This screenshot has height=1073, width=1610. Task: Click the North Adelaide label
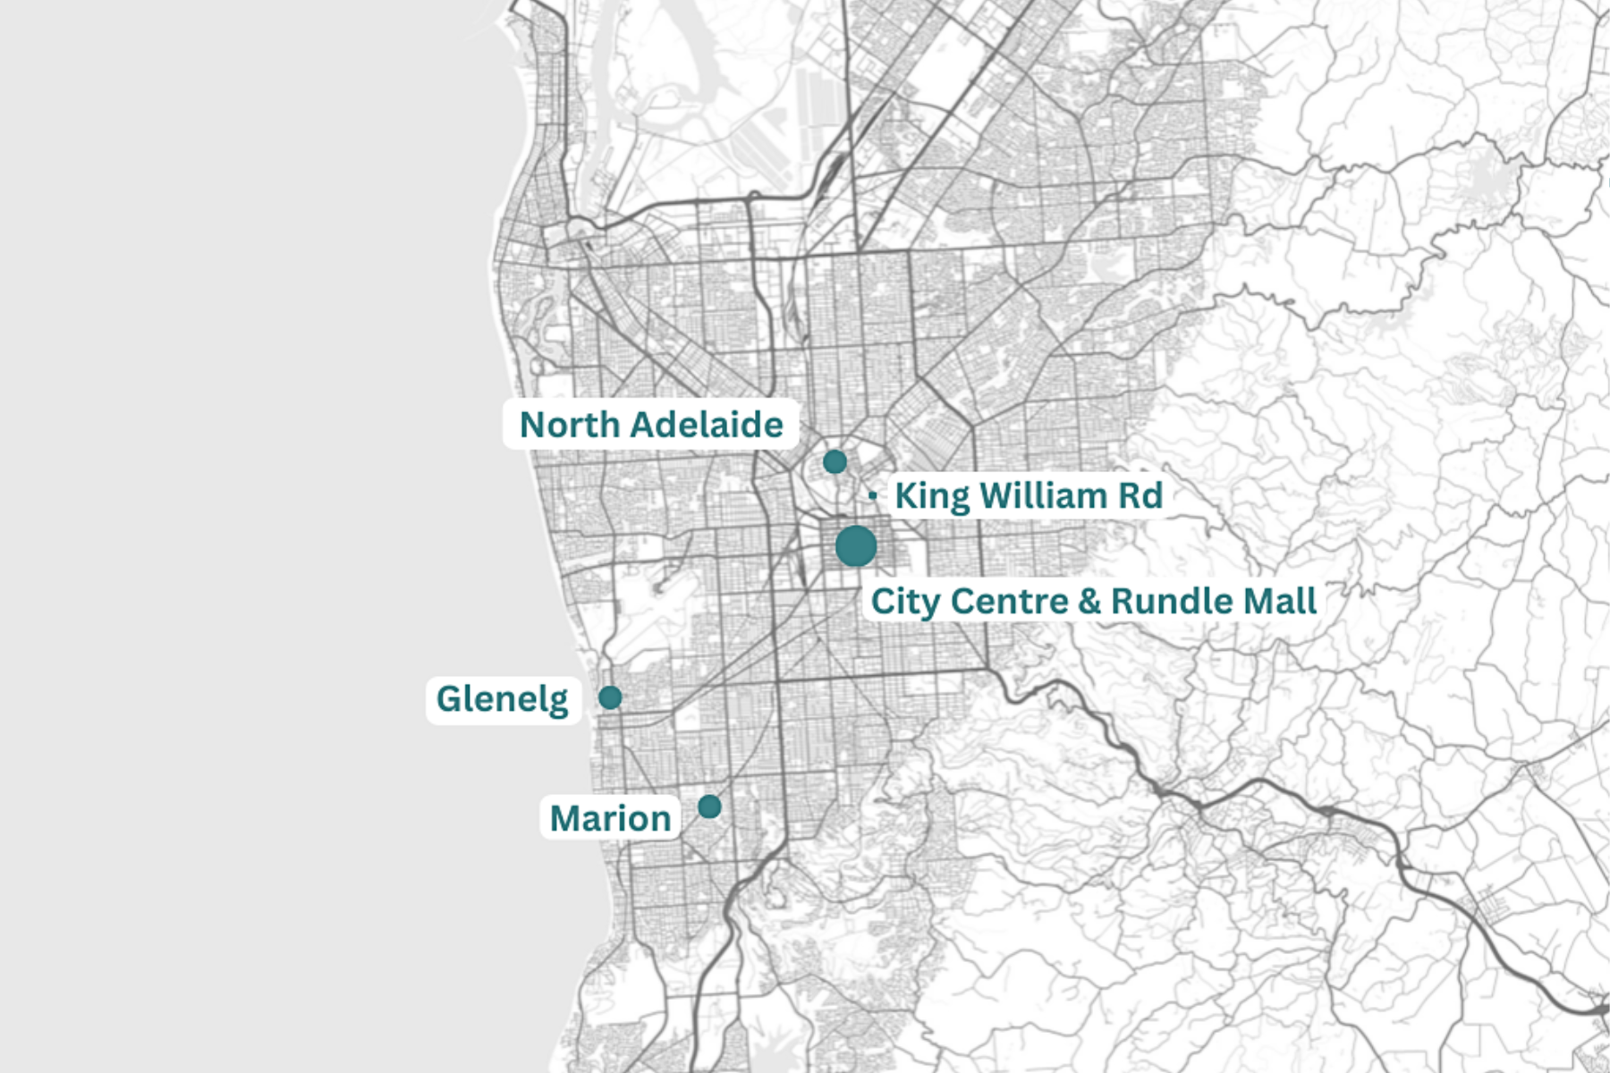(x=650, y=425)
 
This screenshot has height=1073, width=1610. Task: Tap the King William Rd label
(x=1028, y=495)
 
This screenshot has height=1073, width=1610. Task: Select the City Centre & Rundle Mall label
(x=1093, y=601)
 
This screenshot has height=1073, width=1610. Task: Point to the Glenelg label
(x=502, y=698)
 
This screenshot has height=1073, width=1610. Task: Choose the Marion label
(x=610, y=818)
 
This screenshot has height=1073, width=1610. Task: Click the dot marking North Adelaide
(x=835, y=462)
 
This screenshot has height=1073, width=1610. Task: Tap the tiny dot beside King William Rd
(x=872, y=494)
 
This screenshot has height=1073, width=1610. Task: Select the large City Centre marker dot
(x=856, y=545)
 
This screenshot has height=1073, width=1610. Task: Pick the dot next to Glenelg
(x=610, y=697)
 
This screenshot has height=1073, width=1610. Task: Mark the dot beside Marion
(x=709, y=807)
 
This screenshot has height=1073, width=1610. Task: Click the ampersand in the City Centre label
(x=1089, y=601)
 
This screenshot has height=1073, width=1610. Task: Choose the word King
(x=932, y=495)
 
